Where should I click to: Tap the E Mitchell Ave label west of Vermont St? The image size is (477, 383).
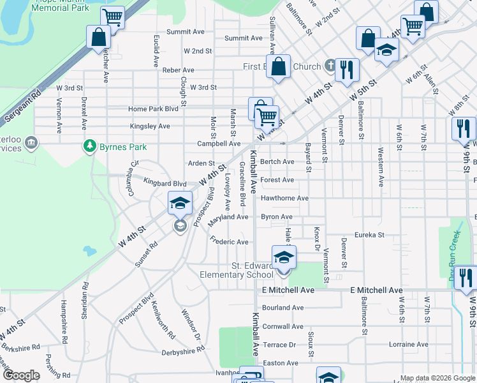coord(288,290)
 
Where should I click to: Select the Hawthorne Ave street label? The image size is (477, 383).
coord(284,199)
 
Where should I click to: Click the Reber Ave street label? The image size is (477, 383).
coord(179,70)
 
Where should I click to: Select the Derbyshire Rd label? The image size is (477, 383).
coord(183,349)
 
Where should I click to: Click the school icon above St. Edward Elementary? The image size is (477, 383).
coord(284,258)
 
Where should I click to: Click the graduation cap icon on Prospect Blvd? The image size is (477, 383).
coord(180,204)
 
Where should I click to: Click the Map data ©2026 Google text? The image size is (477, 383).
coord(437,378)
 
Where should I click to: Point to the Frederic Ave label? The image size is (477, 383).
coord(229,242)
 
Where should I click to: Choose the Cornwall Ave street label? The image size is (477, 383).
coord(283,326)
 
